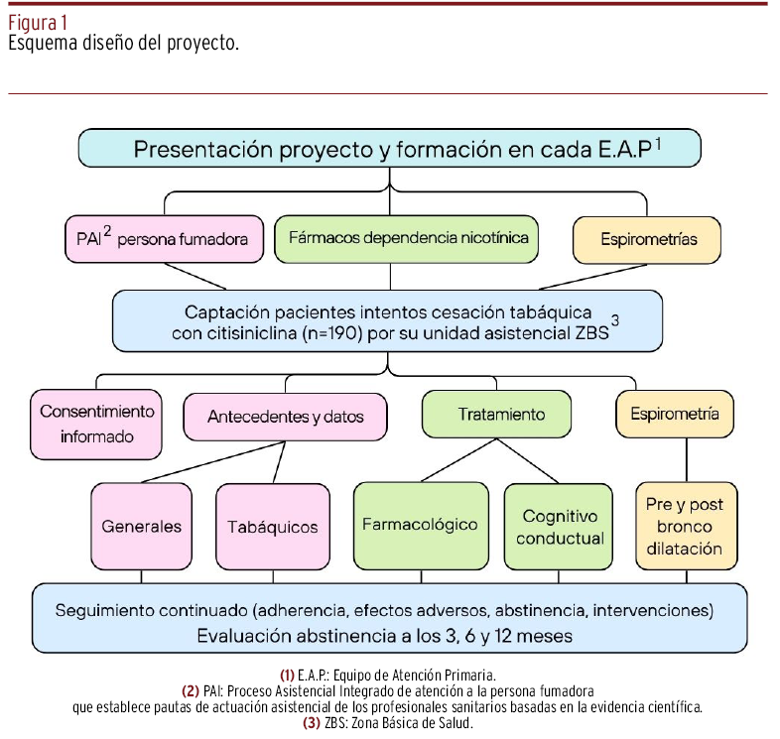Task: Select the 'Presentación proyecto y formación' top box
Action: pos(389,150)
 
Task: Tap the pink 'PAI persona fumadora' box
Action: pos(165,239)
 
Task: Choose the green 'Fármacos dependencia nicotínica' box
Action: pos(408,238)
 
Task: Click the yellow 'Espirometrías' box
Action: pos(648,239)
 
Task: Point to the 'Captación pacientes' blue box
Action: pos(387,321)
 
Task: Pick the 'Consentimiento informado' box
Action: pos(97,424)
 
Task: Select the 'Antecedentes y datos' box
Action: pos(285,417)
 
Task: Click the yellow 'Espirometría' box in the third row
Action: pos(682,414)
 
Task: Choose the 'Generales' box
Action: pos(142,527)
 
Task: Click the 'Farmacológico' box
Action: pos(420,525)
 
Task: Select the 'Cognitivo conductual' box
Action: pos(560,527)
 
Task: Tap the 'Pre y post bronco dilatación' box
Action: pos(685,526)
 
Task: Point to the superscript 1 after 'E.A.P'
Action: pos(658,143)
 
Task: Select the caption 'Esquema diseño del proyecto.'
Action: pos(124,45)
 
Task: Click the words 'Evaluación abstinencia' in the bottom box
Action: pos(288,635)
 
